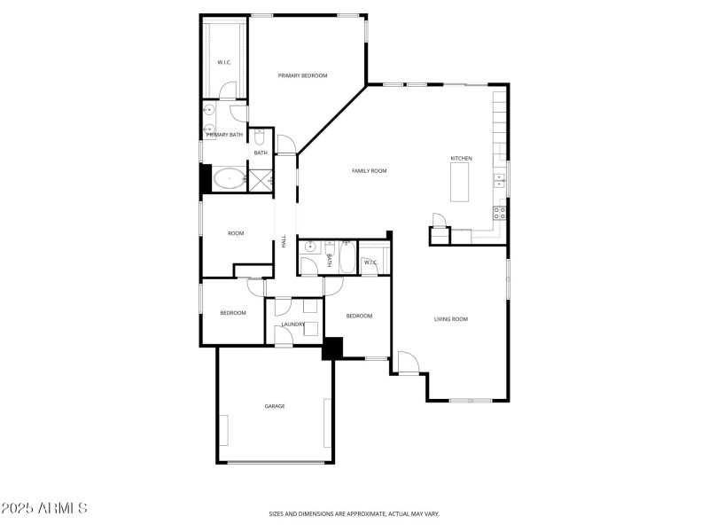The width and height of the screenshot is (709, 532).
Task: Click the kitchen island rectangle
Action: (x=460, y=184)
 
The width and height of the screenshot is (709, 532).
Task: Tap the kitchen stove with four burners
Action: (x=499, y=213)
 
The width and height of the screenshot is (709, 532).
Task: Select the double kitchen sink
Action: (x=500, y=182)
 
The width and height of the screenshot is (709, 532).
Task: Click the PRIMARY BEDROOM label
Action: (x=302, y=76)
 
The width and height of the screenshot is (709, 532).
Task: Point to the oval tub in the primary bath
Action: (x=229, y=179)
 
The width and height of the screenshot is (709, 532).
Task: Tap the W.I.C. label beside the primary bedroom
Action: (x=224, y=62)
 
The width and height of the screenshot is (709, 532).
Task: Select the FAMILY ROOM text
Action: (x=369, y=171)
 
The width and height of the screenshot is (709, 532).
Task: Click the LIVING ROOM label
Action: (x=450, y=319)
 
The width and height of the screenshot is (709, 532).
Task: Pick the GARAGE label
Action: (x=275, y=406)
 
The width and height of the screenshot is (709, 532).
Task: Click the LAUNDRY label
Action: (x=293, y=325)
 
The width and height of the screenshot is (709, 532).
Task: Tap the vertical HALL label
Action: (x=284, y=240)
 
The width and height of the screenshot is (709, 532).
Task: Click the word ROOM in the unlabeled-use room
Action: (x=236, y=233)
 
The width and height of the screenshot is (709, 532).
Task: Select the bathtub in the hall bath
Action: (x=346, y=259)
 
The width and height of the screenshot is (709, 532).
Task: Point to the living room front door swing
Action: (x=408, y=362)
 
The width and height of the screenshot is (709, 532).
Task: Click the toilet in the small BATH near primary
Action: (x=259, y=137)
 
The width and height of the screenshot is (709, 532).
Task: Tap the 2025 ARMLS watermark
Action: (x=44, y=509)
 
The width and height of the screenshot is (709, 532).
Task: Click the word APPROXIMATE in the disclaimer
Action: (x=362, y=513)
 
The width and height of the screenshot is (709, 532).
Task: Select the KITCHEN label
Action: (x=461, y=159)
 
